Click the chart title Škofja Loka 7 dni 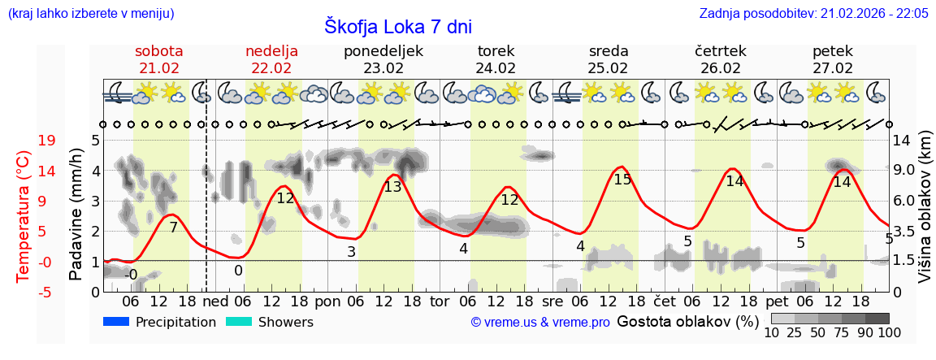398,26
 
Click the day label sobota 159,50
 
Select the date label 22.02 271,68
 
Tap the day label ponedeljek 383,50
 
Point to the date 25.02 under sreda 609,68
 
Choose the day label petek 833,50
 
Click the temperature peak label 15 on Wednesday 622,180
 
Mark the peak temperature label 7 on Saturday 173,228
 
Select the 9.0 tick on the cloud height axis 905,171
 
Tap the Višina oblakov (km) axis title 925,216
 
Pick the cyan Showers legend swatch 239,322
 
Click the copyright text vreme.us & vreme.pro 540,323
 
